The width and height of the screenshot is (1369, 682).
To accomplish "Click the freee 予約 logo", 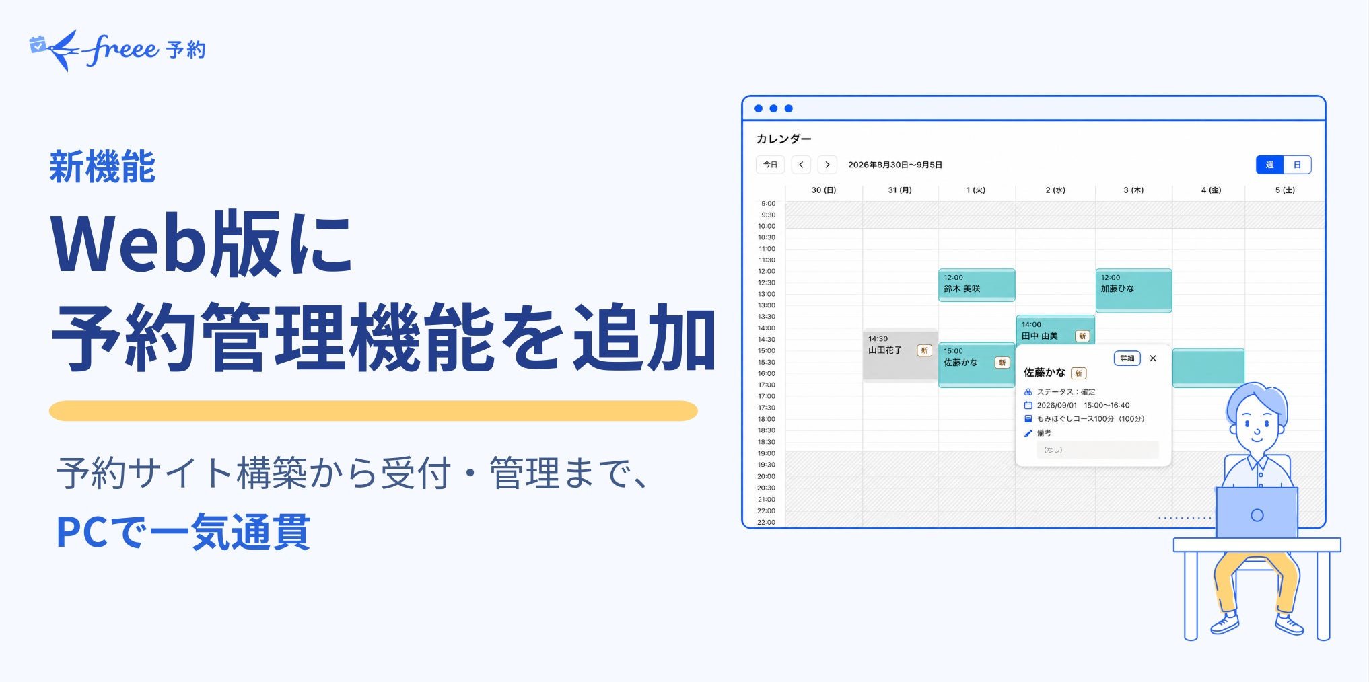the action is coord(118,50).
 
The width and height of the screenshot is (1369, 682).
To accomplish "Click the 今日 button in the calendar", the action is coord(770,165).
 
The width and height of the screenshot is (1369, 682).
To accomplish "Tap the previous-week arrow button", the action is coord(801,165).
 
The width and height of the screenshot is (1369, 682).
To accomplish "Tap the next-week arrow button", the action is coord(827,165).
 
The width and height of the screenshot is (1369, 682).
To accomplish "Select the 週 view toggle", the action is coord(1269,165).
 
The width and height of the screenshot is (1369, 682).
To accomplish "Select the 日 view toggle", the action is coord(1297,165).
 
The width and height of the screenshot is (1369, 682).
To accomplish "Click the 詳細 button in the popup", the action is coord(1127,358).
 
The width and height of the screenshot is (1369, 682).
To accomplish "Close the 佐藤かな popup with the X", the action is coord(1153,358).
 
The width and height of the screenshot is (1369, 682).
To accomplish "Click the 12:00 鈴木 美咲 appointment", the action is coord(977,285).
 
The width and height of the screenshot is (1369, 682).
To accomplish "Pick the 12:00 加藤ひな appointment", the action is coord(1133,291).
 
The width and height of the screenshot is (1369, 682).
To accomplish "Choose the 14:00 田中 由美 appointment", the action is coord(1055,330).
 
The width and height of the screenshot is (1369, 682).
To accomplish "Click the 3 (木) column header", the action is coord(1133,190).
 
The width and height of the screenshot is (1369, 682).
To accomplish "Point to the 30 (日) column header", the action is coord(824,190).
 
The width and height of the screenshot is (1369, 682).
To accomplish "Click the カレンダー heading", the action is coord(784,139).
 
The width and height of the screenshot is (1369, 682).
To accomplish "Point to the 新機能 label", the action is coord(102,167).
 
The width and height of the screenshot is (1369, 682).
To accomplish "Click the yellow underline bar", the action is coord(374,411).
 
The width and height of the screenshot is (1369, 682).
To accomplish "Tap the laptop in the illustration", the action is coord(1257,513).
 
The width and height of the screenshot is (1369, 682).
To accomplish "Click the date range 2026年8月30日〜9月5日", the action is coord(895,165).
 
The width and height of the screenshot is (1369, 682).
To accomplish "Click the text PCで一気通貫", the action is coord(183,532).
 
